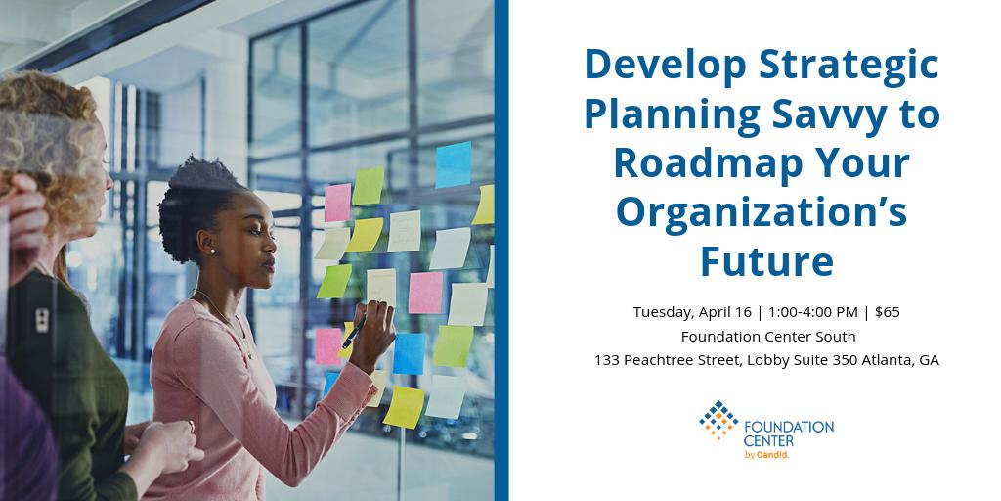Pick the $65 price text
[x=888, y=312]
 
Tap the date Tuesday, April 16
[x=692, y=312]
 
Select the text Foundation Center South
[x=768, y=336]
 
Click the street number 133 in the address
[x=607, y=360]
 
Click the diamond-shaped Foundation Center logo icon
[x=718, y=419]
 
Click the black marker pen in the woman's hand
[x=353, y=332]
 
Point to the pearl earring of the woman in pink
[x=211, y=250]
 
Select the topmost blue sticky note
[x=453, y=163]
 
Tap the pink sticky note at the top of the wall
[x=337, y=202]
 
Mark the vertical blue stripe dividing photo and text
[x=501, y=250]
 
